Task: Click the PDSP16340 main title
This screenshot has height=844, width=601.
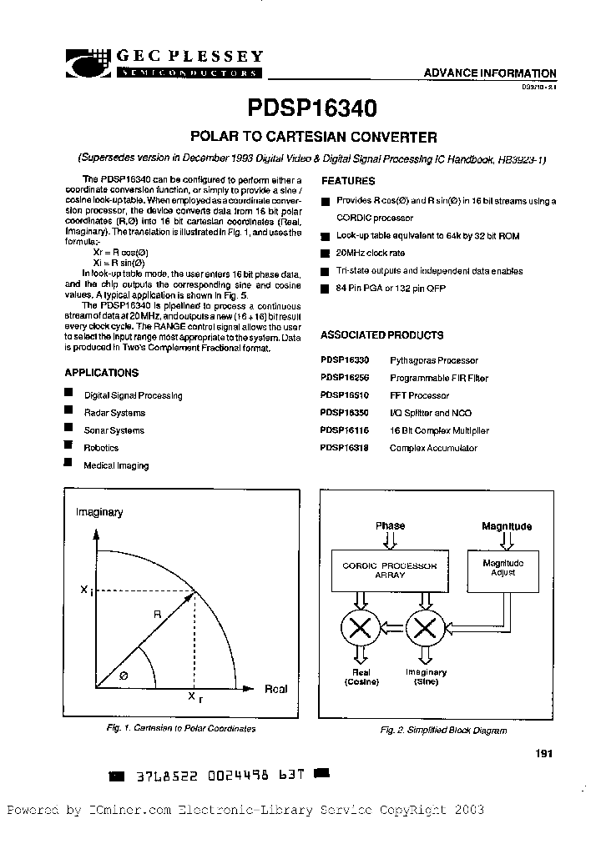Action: [311, 108]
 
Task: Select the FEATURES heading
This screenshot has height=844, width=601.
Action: [349, 181]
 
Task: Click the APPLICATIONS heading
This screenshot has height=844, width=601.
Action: [102, 373]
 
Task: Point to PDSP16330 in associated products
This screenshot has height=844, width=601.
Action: [345, 360]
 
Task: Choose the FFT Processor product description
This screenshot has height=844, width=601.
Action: [420, 395]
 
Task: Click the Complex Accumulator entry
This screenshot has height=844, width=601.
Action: [433, 448]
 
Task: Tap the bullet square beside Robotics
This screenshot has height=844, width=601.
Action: [69, 446]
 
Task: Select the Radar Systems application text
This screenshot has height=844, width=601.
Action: [114, 413]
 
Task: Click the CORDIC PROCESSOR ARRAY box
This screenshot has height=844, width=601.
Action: [390, 570]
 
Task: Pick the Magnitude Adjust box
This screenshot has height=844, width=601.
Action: [503, 567]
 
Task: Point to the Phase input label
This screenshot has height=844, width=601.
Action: [390, 526]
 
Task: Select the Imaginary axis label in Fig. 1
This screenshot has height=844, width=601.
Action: [99, 512]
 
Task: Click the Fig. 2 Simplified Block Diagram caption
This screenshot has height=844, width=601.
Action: [443, 731]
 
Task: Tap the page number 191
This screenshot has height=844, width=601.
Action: [544, 754]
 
